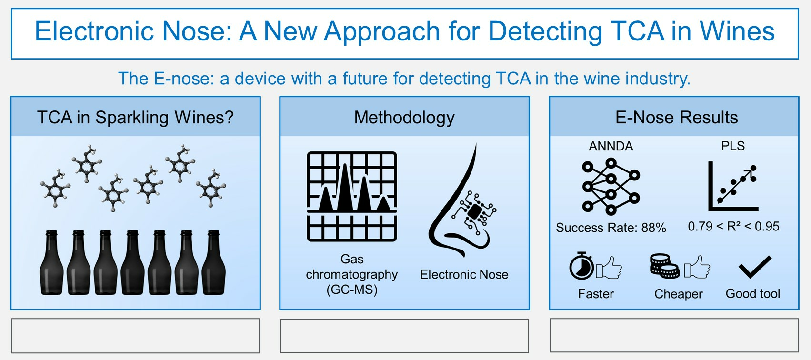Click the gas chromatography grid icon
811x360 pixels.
[x=352, y=196]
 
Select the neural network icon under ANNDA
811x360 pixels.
[x=611, y=187]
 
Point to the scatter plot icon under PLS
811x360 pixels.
[x=733, y=187]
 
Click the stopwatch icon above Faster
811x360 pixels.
[x=581, y=266]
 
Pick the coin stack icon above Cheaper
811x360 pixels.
[x=664, y=266]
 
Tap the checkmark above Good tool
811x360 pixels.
[x=755, y=267]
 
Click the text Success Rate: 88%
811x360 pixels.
[x=611, y=228]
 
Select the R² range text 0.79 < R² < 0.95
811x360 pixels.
[x=733, y=227]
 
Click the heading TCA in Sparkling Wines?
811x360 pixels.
[x=135, y=117]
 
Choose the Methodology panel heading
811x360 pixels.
[x=404, y=117]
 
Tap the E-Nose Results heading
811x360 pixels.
[x=676, y=117]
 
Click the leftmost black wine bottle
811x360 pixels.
[x=51, y=263]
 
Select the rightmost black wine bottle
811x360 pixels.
[x=214, y=263]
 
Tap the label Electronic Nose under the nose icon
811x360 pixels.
[x=464, y=274]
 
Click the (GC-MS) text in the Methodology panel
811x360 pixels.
[x=352, y=290]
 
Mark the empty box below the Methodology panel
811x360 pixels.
[x=404, y=335]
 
